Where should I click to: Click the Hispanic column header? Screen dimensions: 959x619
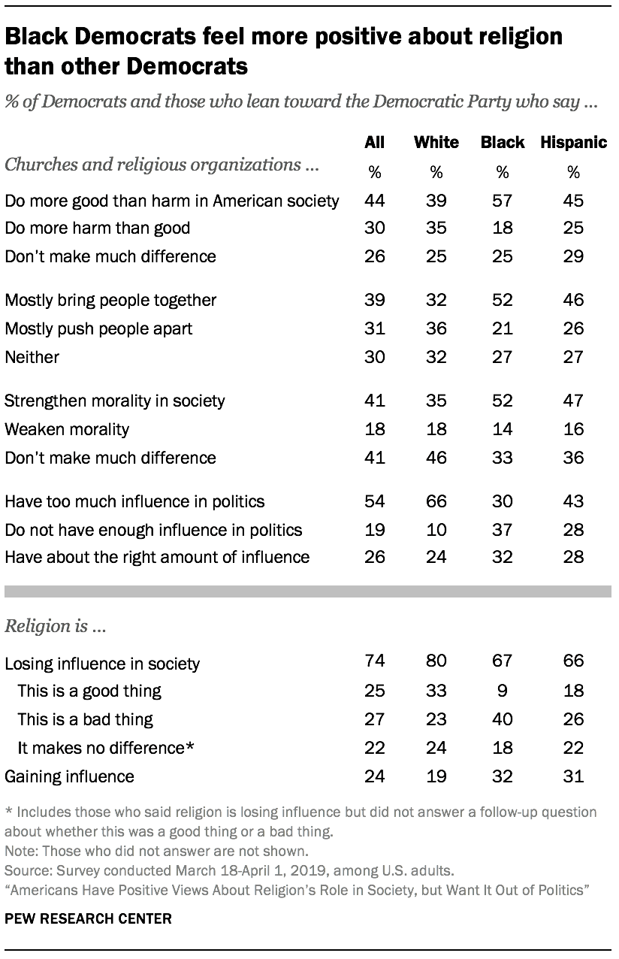(x=573, y=143)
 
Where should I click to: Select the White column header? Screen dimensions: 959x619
(x=436, y=143)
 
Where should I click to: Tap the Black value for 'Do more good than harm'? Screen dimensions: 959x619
(x=501, y=200)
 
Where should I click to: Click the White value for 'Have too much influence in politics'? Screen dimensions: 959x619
(x=436, y=501)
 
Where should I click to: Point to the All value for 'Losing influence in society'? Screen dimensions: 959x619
(x=374, y=661)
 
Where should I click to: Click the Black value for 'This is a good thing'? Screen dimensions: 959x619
(x=501, y=690)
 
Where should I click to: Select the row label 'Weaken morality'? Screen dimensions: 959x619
(x=67, y=429)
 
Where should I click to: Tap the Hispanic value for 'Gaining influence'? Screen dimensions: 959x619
(x=573, y=776)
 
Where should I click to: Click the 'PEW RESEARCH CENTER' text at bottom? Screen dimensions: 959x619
(x=88, y=918)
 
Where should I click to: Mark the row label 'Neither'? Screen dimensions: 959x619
(x=32, y=357)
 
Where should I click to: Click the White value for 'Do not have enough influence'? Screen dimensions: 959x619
(x=436, y=530)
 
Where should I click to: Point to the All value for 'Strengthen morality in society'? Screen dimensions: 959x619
(x=374, y=401)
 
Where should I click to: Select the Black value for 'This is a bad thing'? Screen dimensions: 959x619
(x=501, y=718)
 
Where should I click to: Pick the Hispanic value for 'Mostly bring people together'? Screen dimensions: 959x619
(x=573, y=300)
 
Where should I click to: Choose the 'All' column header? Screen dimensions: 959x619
(x=374, y=143)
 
